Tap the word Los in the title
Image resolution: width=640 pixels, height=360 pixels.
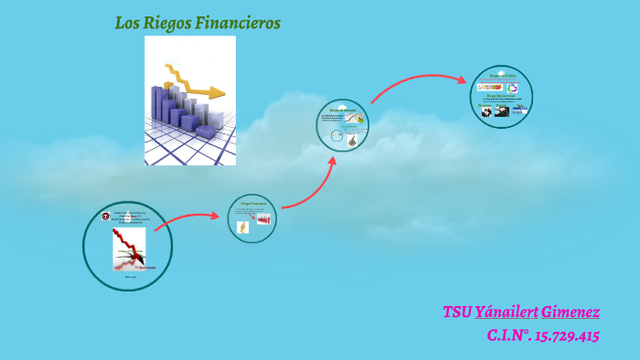point(125,22)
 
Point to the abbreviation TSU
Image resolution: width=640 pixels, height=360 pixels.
point(457,312)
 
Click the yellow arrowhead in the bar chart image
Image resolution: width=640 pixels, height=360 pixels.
point(217,91)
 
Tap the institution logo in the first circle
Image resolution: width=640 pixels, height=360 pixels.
point(105,217)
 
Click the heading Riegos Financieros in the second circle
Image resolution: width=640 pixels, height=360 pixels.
point(251,203)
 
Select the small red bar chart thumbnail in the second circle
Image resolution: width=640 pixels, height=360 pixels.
point(263,219)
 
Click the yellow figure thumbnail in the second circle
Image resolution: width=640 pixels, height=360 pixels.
point(243,228)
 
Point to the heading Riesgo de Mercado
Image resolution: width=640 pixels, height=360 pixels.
point(343,111)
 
